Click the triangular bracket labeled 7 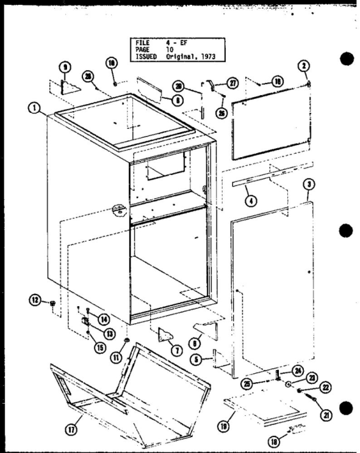(166, 335)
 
